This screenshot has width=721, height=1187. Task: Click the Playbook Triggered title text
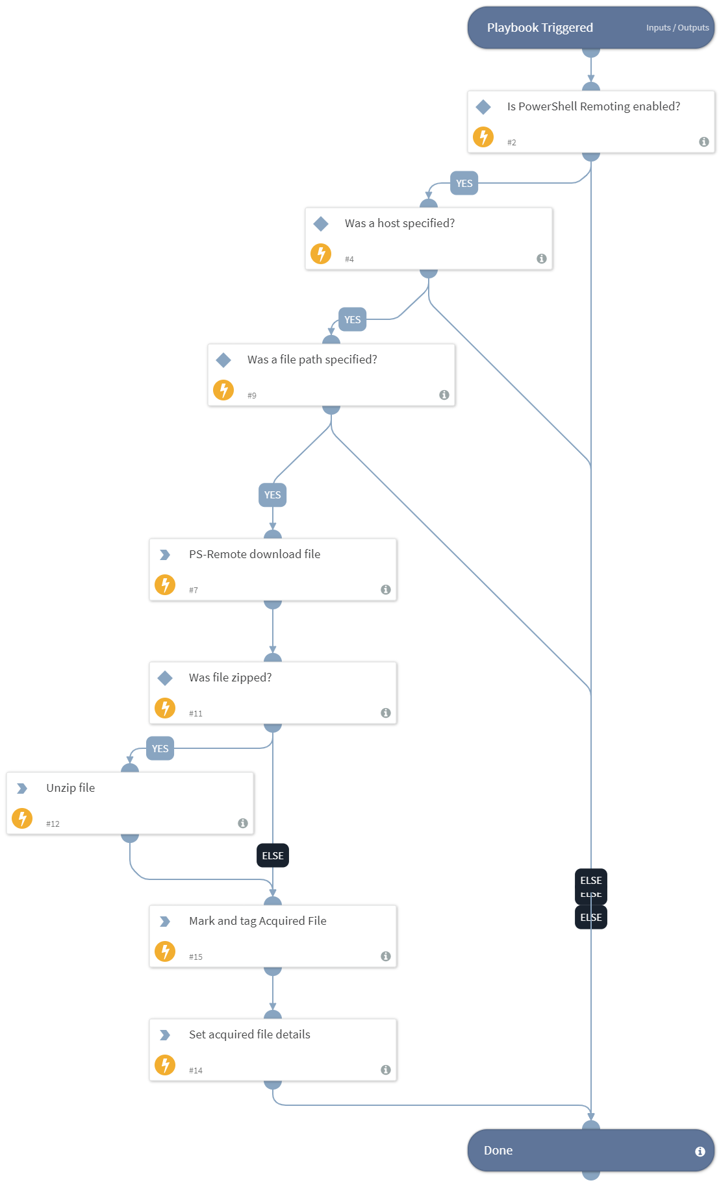(x=540, y=28)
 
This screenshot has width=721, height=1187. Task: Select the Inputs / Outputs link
(x=677, y=28)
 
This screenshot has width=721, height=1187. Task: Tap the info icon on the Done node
(x=700, y=1151)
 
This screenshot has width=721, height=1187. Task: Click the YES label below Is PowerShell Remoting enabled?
(x=464, y=184)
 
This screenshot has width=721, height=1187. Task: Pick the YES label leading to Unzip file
(x=160, y=748)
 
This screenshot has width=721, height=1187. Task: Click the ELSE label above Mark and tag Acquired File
(x=273, y=855)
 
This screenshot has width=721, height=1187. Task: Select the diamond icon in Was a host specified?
(x=321, y=224)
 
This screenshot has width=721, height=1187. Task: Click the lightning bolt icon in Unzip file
(x=22, y=818)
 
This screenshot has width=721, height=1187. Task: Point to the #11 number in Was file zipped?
(x=196, y=713)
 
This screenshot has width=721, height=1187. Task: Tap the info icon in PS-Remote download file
(x=385, y=589)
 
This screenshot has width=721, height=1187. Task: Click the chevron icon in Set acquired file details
(x=165, y=1035)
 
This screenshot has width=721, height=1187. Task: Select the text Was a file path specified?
(x=312, y=360)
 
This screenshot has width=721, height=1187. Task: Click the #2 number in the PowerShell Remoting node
(x=512, y=143)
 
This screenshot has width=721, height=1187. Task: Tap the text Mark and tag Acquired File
(x=257, y=921)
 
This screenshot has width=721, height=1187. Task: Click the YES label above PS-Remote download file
(x=273, y=495)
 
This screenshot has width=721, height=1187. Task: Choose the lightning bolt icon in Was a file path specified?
(x=223, y=390)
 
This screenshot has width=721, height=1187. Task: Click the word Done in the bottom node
(x=498, y=1151)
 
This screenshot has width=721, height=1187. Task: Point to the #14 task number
(x=196, y=1070)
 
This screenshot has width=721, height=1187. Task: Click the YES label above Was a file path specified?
(x=352, y=320)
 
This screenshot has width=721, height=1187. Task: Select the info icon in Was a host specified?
(x=541, y=258)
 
